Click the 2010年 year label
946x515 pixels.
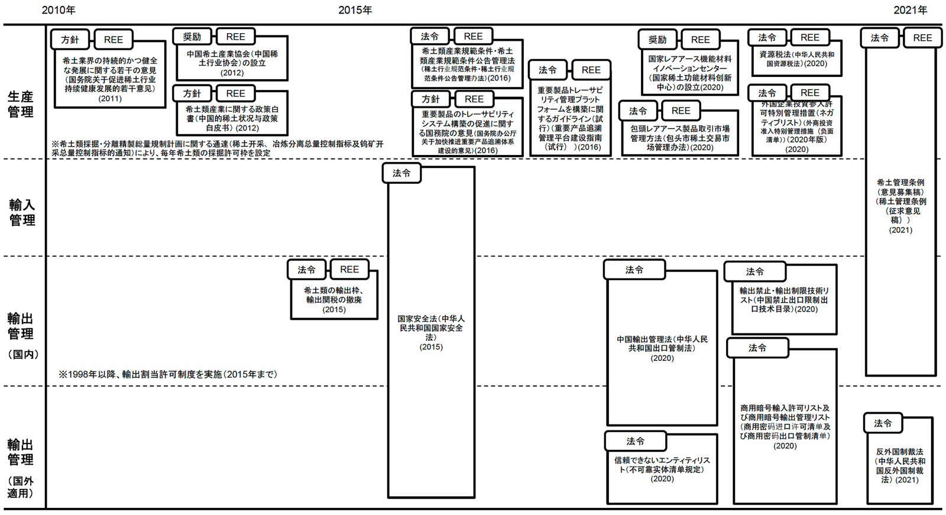click(59, 10)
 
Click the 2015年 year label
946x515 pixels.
click(355, 10)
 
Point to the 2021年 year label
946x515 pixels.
click(910, 10)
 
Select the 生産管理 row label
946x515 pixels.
click(21, 104)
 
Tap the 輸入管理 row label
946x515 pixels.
click(22, 212)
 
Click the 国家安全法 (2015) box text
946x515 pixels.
click(431, 332)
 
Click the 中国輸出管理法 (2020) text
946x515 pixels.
click(662, 348)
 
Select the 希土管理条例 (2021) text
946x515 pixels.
click(900, 206)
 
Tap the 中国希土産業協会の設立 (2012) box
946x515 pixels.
click(232, 63)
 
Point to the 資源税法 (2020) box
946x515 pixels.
click(797, 59)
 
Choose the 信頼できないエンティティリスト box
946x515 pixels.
click(662, 469)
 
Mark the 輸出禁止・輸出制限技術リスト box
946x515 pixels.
click(785, 300)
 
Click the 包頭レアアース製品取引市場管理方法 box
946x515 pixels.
click(680, 138)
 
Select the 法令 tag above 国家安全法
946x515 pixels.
click(401, 173)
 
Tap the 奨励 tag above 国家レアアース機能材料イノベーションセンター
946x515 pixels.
click(657, 40)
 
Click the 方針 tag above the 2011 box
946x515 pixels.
click(70, 40)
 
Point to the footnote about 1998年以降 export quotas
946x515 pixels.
click(168, 374)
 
